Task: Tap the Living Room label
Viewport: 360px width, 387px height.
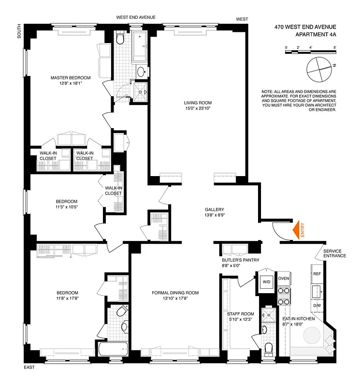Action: coord(197,103)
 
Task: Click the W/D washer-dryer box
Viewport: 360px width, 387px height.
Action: coord(266,282)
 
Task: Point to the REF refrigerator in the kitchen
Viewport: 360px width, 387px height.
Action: coord(317,274)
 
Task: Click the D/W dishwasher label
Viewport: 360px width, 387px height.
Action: coord(317,305)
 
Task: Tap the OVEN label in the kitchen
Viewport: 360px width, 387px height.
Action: coord(284,278)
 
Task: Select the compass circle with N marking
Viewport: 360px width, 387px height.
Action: coord(319,69)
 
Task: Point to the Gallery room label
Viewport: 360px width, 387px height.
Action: coord(214,209)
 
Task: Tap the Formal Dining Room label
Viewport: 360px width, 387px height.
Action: coord(175,293)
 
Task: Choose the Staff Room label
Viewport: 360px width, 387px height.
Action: coord(241,314)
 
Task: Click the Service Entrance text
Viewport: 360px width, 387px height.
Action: coord(334,253)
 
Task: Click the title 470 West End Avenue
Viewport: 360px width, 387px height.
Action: coord(305,27)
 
